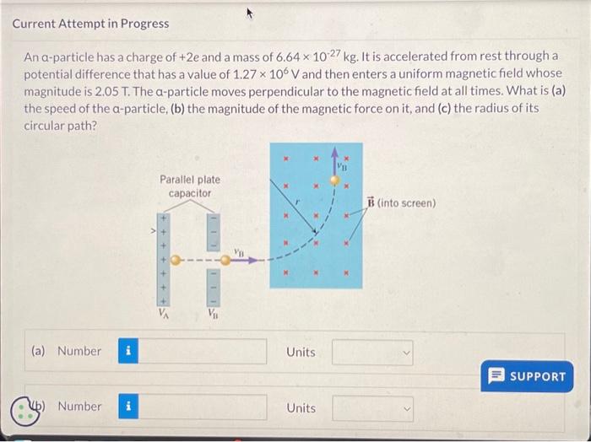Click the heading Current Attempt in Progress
90,24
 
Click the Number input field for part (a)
203,352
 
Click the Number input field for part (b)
203,407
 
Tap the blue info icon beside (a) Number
127,352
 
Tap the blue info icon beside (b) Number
127,407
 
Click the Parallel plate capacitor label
189,186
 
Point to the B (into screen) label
402,202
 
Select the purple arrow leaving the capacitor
245,261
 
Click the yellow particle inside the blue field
336,180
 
